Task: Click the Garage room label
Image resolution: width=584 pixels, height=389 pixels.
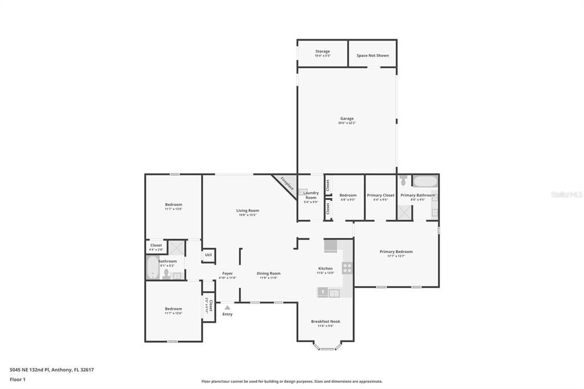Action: click(347, 119)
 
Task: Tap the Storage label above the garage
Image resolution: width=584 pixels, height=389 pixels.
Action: click(322, 51)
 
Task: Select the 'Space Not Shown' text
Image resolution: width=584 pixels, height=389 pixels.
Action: click(372, 55)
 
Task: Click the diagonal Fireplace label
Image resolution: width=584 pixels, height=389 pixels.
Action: click(286, 184)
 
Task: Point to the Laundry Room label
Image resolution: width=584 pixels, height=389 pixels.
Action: click(310, 195)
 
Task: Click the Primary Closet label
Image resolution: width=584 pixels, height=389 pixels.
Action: click(380, 195)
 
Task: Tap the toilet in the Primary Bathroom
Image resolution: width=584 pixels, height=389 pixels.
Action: click(404, 181)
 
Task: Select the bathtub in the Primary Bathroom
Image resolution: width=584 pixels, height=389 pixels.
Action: click(425, 182)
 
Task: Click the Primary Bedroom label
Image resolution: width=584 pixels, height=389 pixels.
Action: click(396, 252)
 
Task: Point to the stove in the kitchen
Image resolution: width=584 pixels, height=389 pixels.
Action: click(347, 268)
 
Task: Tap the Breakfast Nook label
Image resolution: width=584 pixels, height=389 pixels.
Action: click(325, 321)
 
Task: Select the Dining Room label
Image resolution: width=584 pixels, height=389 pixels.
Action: click(268, 273)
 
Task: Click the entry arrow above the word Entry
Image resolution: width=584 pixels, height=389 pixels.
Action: click(227, 307)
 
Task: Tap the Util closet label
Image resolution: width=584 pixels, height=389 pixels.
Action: click(208, 255)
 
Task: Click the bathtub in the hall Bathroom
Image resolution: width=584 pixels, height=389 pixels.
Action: click(152, 268)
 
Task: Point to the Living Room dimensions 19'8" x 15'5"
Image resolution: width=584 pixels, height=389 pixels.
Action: click(248, 215)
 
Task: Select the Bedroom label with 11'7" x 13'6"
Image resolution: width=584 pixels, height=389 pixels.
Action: click(173, 205)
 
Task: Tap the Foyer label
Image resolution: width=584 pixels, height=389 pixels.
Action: click(227, 273)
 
